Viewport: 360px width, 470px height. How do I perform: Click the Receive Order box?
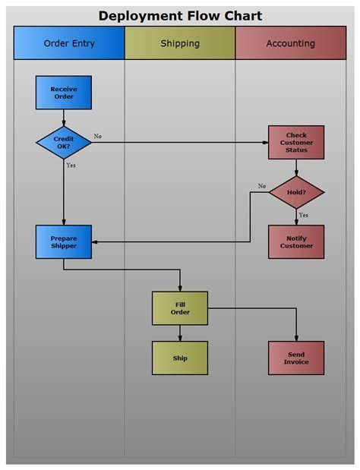click(x=64, y=93)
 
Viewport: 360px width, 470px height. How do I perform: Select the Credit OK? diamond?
click(x=64, y=142)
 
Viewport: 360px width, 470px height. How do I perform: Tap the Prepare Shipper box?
click(x=64, y=241)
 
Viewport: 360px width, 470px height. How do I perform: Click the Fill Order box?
click(x=180, y=308)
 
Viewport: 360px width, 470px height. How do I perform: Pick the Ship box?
click(x=180, y=358)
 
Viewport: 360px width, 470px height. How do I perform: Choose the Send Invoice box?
click(x=296, y=358)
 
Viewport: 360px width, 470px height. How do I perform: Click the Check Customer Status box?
click(x=296, y=142)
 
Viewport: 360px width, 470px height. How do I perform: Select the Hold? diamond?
click(x=296, y=192)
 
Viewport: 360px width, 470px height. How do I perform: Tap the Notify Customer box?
click(x=296, y=241)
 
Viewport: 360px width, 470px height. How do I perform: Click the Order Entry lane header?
click(x=69, y=43)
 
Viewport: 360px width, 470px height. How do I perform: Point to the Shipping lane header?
click(x=180, y=43)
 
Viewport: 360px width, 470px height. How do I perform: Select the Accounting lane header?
click(x=290, y=43)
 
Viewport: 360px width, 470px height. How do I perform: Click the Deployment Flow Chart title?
click(x=180, y=16)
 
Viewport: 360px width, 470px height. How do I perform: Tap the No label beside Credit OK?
click(x=98, y=137)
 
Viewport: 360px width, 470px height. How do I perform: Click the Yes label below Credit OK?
click(x=71, y=165)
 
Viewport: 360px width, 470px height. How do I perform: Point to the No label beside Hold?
click(x=262, y=186)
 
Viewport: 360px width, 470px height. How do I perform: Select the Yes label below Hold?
click(x=303, y=215)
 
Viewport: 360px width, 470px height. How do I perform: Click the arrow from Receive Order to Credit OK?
click(x=64, y=118)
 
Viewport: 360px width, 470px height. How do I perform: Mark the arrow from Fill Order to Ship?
click(x=180, y=333)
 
